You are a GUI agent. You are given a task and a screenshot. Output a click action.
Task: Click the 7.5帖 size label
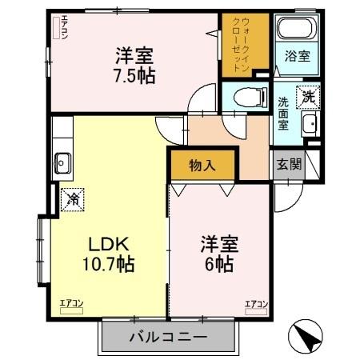(134, 77)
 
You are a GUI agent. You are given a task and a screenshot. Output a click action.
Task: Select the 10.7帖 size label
(107, 263)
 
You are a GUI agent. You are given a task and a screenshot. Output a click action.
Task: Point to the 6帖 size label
(217, 263)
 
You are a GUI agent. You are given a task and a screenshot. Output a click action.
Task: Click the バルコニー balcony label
(168, 338)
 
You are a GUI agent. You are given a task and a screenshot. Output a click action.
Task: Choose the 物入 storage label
(202, 166)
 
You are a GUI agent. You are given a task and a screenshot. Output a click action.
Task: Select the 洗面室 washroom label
(284, 113)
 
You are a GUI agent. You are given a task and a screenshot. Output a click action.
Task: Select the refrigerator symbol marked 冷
(73, 196)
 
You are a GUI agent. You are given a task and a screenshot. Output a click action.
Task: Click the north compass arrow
(309, 335)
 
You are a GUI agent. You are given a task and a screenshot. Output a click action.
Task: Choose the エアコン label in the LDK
(71, 303)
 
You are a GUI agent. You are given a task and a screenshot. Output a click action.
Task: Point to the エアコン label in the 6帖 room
(255, 303)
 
